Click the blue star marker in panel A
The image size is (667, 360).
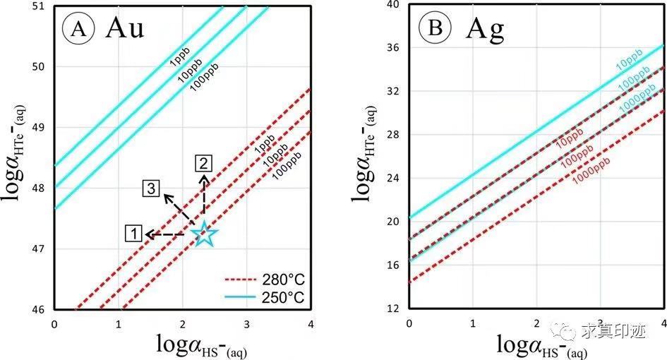point(204,234)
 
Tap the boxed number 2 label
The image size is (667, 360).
point(203,164)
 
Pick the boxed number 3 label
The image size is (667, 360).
point(151,188)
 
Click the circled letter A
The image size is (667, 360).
point(76,29)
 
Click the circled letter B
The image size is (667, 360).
point(433,29)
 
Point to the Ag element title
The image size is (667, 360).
point(486,29)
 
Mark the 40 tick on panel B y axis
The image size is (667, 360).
point(392,4)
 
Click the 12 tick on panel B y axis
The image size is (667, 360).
point(392,308)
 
